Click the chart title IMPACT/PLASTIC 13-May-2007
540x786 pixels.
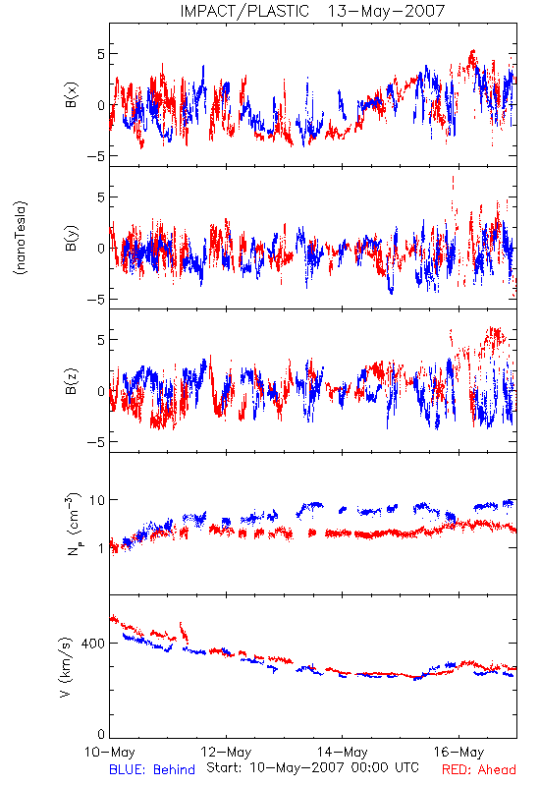(x=312, y=11)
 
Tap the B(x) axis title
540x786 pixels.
(x=71, y=95)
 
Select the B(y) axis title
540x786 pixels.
(x=71, y=238)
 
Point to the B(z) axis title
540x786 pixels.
(x=71, y=381)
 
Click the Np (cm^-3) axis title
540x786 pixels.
(x=73, y=525)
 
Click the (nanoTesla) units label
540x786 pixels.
(x=21, y=238)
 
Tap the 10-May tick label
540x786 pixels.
(x=110, y=752)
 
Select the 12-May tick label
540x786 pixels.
(x=226, y=752)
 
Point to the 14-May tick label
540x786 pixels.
(x=342, y=752)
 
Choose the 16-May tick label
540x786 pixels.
(x=459, y=752)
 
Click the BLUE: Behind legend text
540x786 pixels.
(x=152, y=769)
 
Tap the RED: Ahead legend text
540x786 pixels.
(x=479, y=769)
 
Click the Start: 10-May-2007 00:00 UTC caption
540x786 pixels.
(x=312, y=767)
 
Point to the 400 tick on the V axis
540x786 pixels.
(x=93, y=644)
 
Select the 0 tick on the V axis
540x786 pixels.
(x=101, y=734)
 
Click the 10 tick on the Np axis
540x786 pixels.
(x=97, y=500)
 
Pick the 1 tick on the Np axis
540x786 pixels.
(x=102, y=548)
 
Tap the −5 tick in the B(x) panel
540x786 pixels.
(x=96, y=156)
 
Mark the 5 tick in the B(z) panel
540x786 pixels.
(x=101, y=340)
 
